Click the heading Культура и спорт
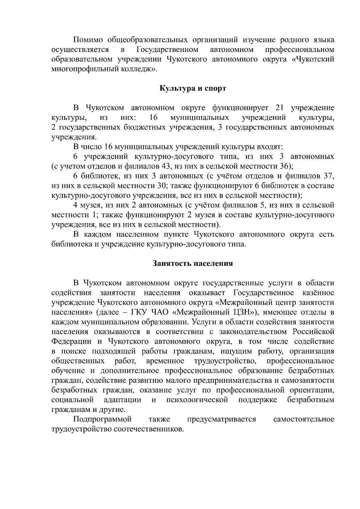pyautogui.click(x=192, y=88)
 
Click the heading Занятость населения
pyautogui.click(x=193, y=263)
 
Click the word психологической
pyautogui.click(x=197, y=400)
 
